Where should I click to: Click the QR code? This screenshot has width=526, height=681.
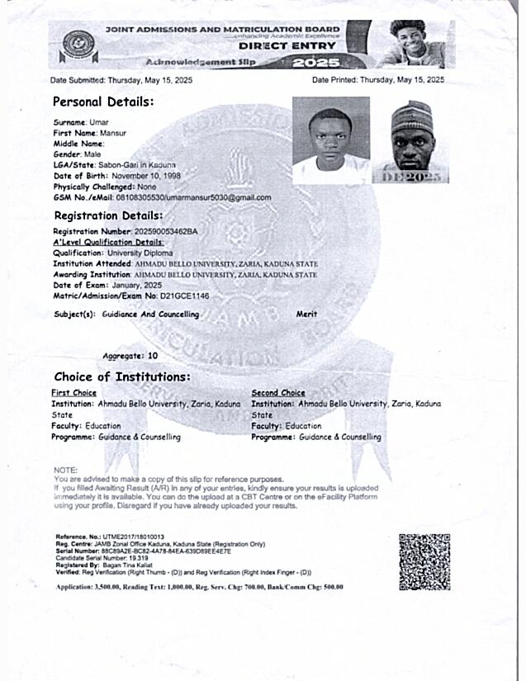coord(424,561)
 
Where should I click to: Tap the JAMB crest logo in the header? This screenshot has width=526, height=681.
coord(79,45)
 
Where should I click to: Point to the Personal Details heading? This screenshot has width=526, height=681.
coord(103,102)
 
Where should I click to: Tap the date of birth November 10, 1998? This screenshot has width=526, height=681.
coord(139,176)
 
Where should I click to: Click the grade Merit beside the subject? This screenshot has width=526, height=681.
coord(306,314)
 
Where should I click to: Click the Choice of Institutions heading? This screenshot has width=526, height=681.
coord(122,377)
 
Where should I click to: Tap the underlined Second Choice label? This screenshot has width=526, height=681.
coord(278,393)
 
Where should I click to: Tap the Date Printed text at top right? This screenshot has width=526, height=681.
coord(378,80)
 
